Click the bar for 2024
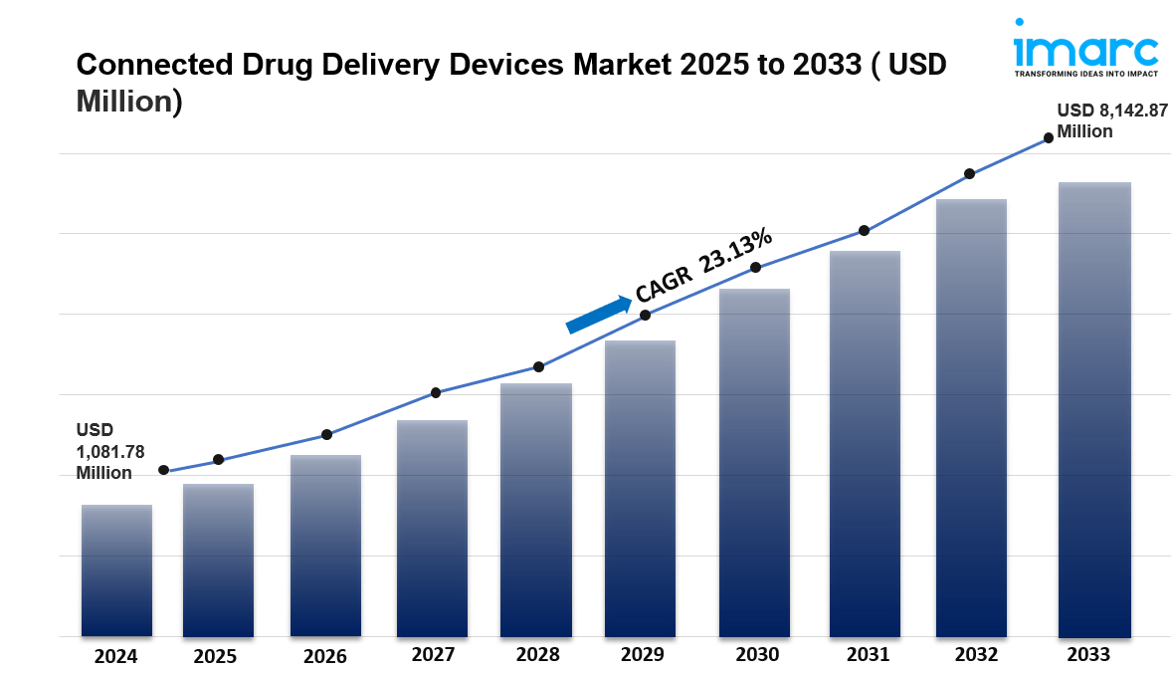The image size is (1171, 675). click(116, 570)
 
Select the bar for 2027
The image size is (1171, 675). click(432, 528)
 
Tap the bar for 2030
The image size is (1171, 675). click(754, 462)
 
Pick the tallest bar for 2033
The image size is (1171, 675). click(1094, 409)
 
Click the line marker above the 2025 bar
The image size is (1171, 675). click(219, 460)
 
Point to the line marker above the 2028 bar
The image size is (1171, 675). click(538, 366)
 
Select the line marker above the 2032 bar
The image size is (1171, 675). click(970, 174)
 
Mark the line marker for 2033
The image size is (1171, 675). click(1049, 138)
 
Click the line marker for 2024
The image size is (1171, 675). click(163, 470)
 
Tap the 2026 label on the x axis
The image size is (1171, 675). click(325, 656)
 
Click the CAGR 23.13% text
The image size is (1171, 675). click(703, 265)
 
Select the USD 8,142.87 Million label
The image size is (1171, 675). click(1111, 120)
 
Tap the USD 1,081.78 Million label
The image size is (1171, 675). click(109, 451)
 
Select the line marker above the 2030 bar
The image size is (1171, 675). click(756, 267)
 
